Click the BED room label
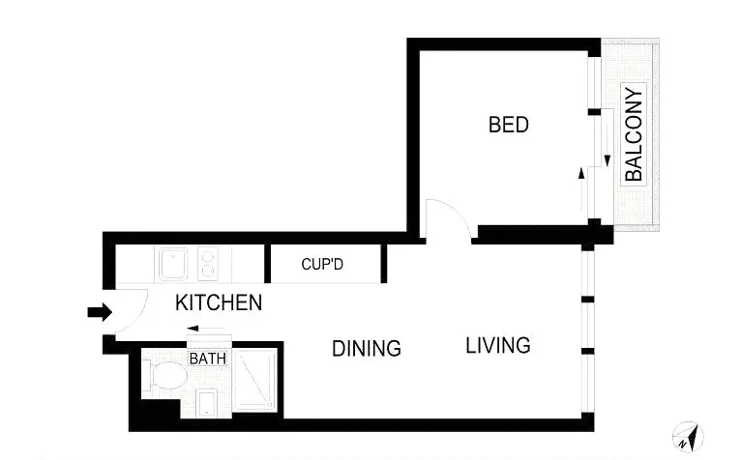(x=508, y=125)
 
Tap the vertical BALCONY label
(x=634, y=135)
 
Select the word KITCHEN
(x=219, y=302)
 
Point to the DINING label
(x=366, y=348)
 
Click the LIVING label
(x=498, y=345)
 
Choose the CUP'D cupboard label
(x=322, y=264)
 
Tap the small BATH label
(x=207, y=359)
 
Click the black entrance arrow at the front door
(x=99, y=312)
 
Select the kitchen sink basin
(x=174, y=264)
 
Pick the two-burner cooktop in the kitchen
(x=207, y=264)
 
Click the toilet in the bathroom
(x=166, y=377)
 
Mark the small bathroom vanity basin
(x=207, y=403)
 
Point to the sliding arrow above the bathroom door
(x=207, y=330)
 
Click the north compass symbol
(x=689, y=437)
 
